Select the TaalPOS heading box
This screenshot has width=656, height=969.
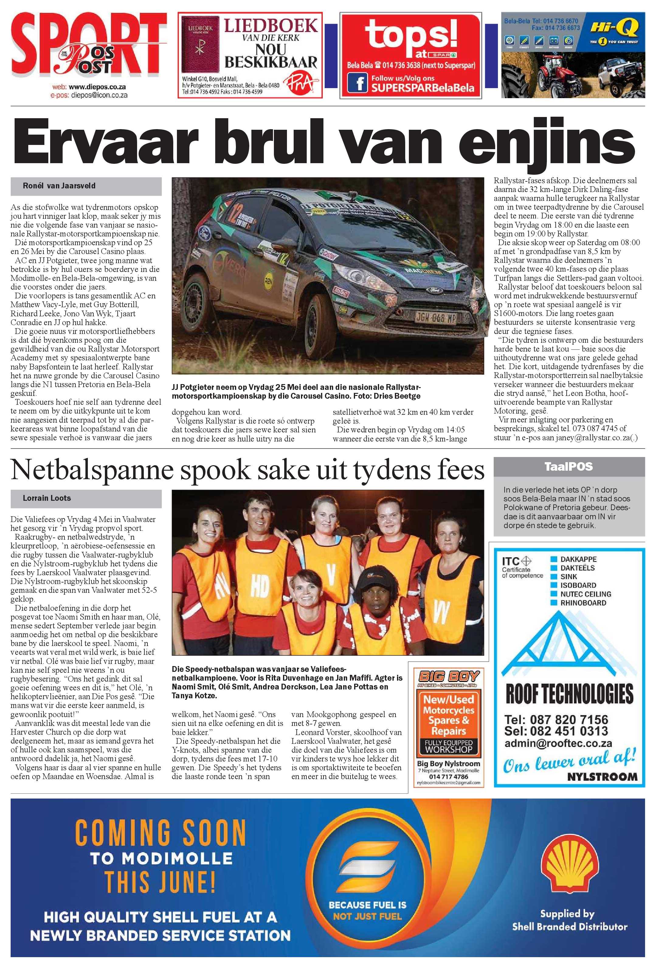coord(568,466)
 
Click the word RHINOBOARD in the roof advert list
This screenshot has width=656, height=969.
coord(583,603)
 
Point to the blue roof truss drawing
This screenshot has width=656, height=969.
coord(569,645)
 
